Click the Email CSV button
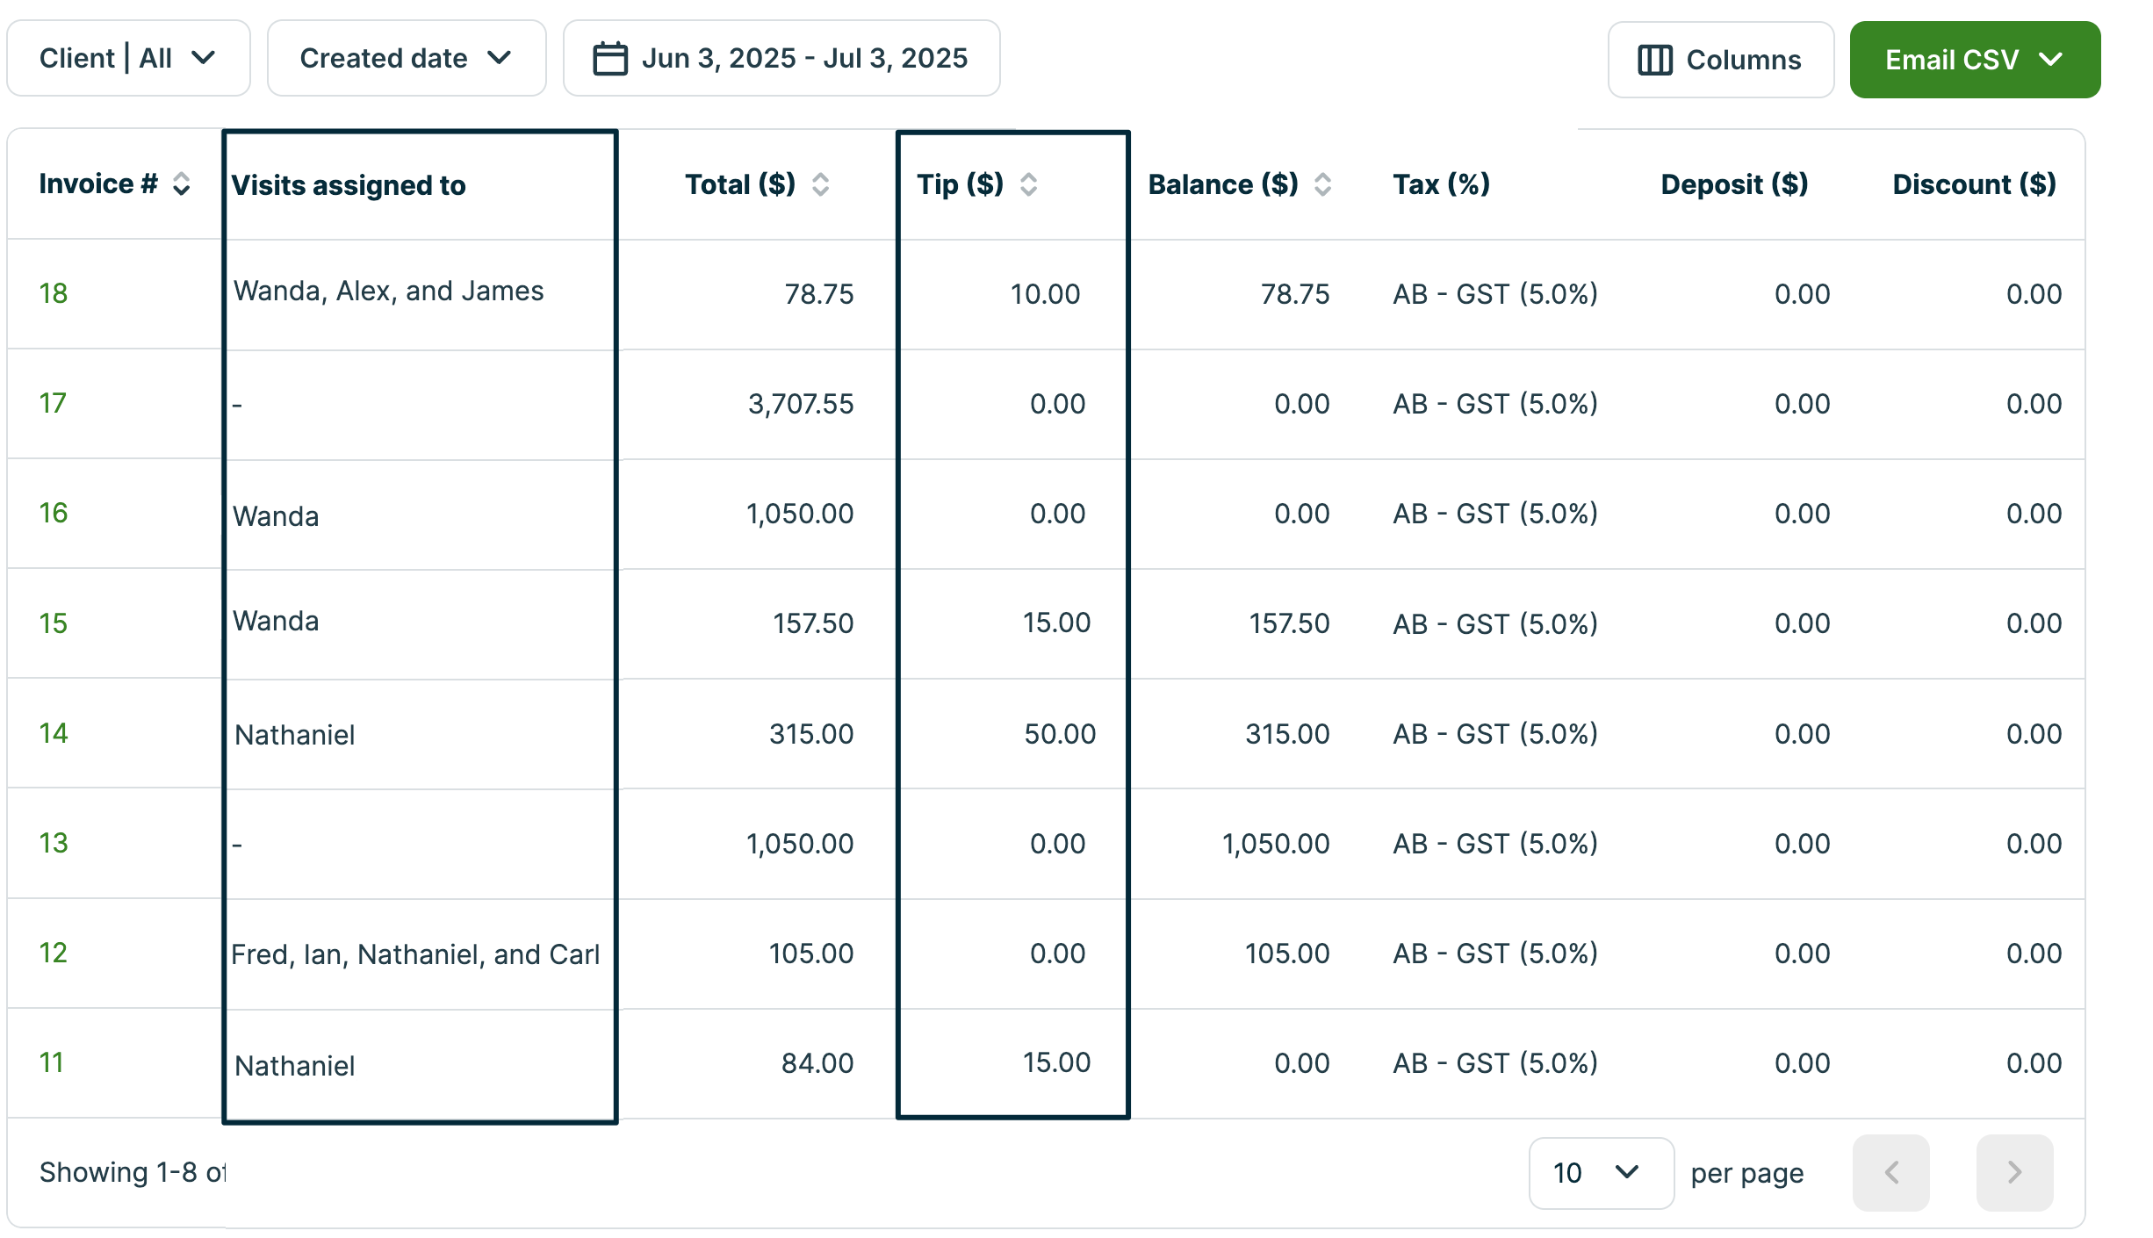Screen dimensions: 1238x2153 pos(1974,60)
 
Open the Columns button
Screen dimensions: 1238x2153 pos(1719,60)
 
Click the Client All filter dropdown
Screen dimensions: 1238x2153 pos(128,58)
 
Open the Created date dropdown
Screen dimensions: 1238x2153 pos(406,58)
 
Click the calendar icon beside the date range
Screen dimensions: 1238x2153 pos(609,59)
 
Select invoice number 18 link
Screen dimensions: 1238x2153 pos(54,293)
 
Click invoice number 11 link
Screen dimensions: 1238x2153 pos(52,1062)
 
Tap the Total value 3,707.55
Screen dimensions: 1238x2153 pos(800,404)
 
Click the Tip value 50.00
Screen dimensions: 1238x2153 pos(1059,734)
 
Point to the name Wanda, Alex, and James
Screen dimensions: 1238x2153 pos(388,291)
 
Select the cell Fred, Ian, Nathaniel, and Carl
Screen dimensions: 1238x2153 pos(415,954)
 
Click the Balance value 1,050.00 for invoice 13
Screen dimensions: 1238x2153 pos(1275,844)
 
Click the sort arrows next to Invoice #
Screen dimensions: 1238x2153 pos(182,184)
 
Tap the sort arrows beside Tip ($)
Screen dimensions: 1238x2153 pos(1028,184)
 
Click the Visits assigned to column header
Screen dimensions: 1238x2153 pos(349,185)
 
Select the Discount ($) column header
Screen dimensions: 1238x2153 pos(1974,184)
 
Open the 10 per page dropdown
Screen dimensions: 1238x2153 pos(1600,1173)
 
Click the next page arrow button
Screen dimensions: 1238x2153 pos(2014,1173)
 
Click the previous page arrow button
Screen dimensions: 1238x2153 pos(1891,1173)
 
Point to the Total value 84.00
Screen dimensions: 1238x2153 pos(817,1063)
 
